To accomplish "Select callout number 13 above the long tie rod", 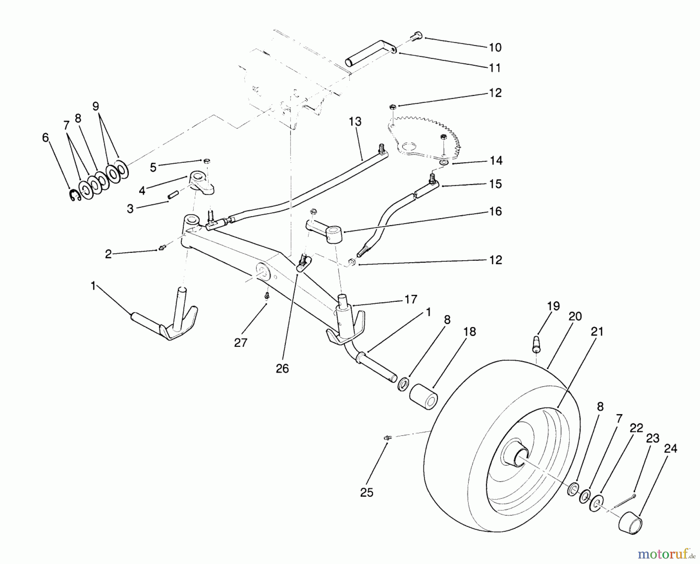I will pos(355,122).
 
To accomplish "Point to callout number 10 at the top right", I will pos(495,47).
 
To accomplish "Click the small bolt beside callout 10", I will pos(416,36).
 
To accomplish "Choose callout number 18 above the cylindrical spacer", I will pos(470,332).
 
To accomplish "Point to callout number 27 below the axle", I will pos(241,343).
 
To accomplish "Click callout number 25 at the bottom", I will pos(367,493).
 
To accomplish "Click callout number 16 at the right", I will pos(495,212).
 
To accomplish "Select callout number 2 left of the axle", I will pos(108,254).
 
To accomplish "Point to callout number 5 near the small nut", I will pos(153,167).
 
